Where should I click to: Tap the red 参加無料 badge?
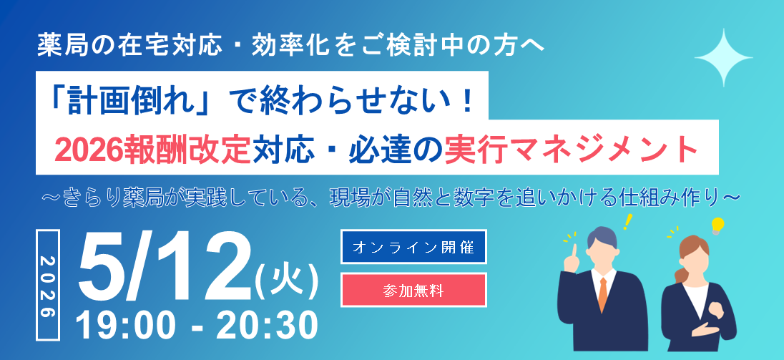pos(413,290)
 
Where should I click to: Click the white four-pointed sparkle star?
pos(723,58)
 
